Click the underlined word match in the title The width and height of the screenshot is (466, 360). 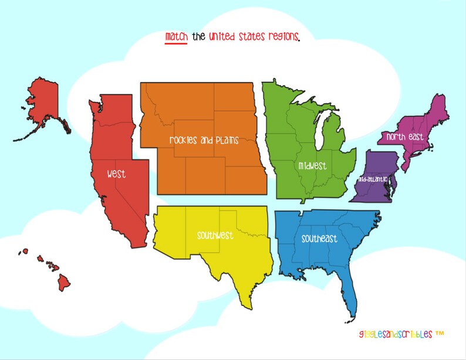(176, 37)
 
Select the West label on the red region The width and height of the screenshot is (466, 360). (116, 174)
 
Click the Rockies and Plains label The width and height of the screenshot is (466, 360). (204, 140)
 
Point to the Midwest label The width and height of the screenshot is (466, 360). (312, 166)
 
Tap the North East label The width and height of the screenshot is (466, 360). (404, 137)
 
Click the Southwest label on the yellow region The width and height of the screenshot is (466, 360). (215, 236)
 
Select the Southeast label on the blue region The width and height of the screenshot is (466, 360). (319, 239)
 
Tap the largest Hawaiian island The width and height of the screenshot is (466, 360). (64, 283)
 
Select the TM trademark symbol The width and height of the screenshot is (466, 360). (440, 333)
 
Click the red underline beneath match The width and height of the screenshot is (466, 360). (176, 43)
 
